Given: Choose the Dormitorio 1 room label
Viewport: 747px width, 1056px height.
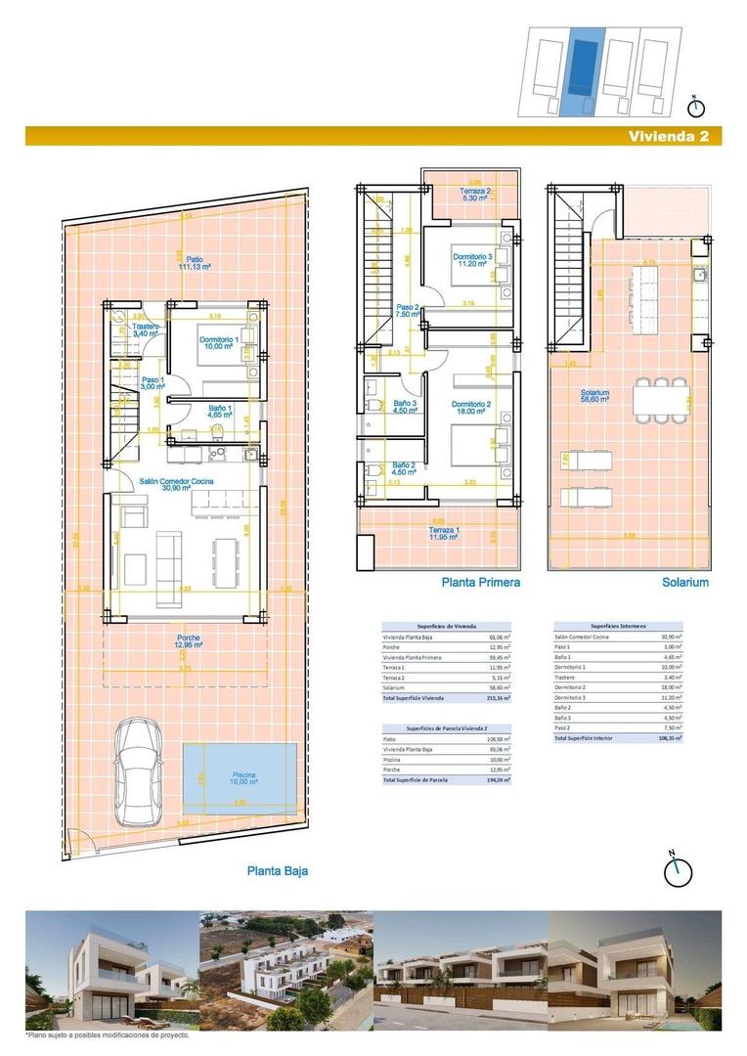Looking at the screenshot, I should pos(219,343).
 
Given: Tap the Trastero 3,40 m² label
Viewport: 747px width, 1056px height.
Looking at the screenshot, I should pos(146,330).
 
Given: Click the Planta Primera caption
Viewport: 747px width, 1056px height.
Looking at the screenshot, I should pos(480,582).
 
